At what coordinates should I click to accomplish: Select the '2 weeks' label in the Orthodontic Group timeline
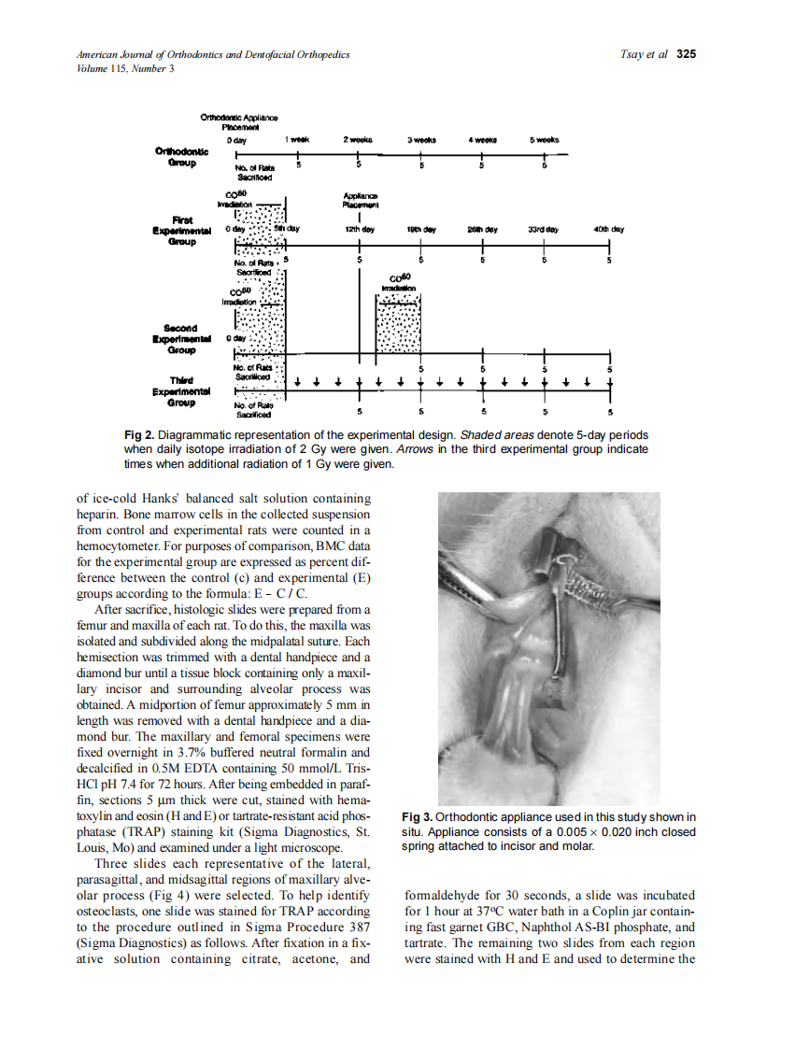(x=359, y=139)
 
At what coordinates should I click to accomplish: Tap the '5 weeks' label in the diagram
(x=544, y=139)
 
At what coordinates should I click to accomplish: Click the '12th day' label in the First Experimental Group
(x=360, y=229)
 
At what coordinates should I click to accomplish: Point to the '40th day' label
(x=608, y=229)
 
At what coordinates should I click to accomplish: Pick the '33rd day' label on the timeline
(x=544, y=229)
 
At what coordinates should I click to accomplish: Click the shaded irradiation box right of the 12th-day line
(x=398, y=328)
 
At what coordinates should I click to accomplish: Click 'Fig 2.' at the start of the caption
(x=139, y=436)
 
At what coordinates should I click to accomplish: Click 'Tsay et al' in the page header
(x=644, y=54)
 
